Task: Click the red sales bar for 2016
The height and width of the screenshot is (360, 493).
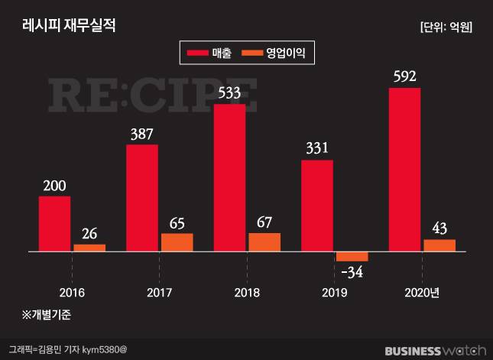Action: [54, 223]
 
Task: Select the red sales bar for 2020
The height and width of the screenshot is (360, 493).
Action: [404, 169]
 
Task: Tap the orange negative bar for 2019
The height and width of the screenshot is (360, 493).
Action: [352, 256]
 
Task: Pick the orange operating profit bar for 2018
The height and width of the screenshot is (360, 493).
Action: [264, 242]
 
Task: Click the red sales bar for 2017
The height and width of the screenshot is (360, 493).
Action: [142, 197]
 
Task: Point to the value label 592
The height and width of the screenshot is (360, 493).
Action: [404, 76]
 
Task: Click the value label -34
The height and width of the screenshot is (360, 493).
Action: [352, 271]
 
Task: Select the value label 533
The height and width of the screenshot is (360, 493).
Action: [229, 93]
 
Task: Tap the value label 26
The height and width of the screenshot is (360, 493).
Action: [89, 233]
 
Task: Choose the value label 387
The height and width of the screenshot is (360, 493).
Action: [142, 134]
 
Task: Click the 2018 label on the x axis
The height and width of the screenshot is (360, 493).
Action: [247, 293]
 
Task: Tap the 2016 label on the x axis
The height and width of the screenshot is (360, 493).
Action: [72, 293]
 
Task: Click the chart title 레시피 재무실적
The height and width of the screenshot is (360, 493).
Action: [67, 26]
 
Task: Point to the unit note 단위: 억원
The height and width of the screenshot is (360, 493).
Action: [446, 27]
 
